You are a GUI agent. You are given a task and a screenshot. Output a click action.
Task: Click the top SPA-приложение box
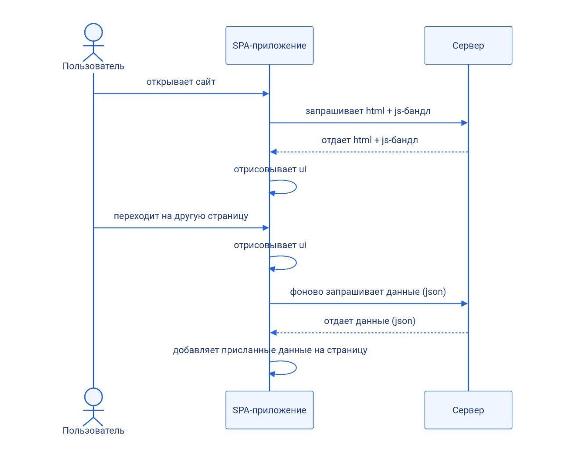click(269, 45)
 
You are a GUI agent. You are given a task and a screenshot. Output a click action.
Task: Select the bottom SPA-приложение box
click(269, 410)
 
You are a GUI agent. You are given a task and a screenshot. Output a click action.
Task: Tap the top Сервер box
click(468, 45)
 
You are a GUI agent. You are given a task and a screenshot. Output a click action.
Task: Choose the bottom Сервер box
click(468, 410)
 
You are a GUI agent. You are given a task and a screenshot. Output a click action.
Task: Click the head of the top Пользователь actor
click(94, 32)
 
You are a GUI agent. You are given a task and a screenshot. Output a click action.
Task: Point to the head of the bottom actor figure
click(94, 397)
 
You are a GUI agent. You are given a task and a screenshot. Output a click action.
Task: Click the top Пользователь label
click(94, 66)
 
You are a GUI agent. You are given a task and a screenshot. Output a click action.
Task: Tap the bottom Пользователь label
click(94, 431)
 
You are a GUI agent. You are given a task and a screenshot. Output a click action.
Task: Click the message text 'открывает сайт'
click(181, 82)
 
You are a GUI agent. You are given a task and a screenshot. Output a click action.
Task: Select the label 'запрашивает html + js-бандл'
click(368, 111)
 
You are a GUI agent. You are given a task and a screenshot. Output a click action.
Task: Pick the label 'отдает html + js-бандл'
click(370, 140)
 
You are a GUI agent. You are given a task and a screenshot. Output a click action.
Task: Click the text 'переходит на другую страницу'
click(181, 216)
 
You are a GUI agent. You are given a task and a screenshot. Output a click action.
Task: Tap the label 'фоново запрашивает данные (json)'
click(368, 292)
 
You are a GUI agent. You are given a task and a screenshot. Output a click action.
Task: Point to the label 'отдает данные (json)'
click(370, 321)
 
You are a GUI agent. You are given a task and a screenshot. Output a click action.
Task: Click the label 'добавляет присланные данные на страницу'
click(270, 350)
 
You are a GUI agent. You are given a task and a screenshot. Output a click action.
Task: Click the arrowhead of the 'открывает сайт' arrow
click(266, 94)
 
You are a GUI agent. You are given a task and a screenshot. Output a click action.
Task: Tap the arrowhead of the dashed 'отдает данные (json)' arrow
click(274, 333)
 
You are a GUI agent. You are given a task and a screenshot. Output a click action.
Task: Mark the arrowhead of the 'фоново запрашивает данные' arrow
click(465, 304)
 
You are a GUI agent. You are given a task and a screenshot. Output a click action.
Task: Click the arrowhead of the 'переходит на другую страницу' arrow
click(266, 228)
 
